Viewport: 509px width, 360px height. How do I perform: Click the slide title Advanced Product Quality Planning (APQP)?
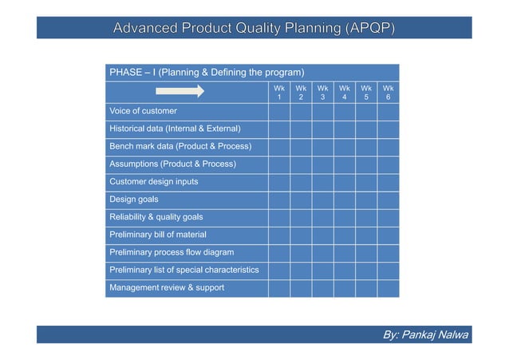(x=254, y=30)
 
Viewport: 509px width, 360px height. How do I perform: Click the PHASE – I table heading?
(x=206, y=73)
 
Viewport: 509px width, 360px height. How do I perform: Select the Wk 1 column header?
(x=279, y=92)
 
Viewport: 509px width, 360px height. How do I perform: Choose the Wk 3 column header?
(x=322, y=92)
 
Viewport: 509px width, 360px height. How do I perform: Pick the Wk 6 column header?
(x=388, y=92)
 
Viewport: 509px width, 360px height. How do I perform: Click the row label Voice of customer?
(x=144, y=111)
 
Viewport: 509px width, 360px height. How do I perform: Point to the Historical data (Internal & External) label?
(x=175, y=129)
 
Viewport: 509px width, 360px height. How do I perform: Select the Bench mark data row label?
(x=180, y=146)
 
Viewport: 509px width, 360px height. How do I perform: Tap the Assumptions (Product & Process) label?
(x=172, y=164)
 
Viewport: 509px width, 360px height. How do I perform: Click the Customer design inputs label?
(x=154, y=181)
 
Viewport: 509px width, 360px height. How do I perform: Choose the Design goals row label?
(x=134, y=200)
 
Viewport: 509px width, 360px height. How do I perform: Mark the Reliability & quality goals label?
(x=156, y=217)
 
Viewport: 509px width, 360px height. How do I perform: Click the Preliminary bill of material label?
(x=158, y=235)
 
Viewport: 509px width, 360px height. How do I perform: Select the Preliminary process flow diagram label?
(x=172, y=252)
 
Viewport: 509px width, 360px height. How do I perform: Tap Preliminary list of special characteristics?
(x=184, y=270)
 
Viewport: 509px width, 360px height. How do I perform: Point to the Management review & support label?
(x=167, y=287)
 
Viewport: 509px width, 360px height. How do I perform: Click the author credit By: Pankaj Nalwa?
(x=426, y=334)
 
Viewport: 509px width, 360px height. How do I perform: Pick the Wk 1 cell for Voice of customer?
(x=279, y=111)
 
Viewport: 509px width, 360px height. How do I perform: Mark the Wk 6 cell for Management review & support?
(x=388, y=287)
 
